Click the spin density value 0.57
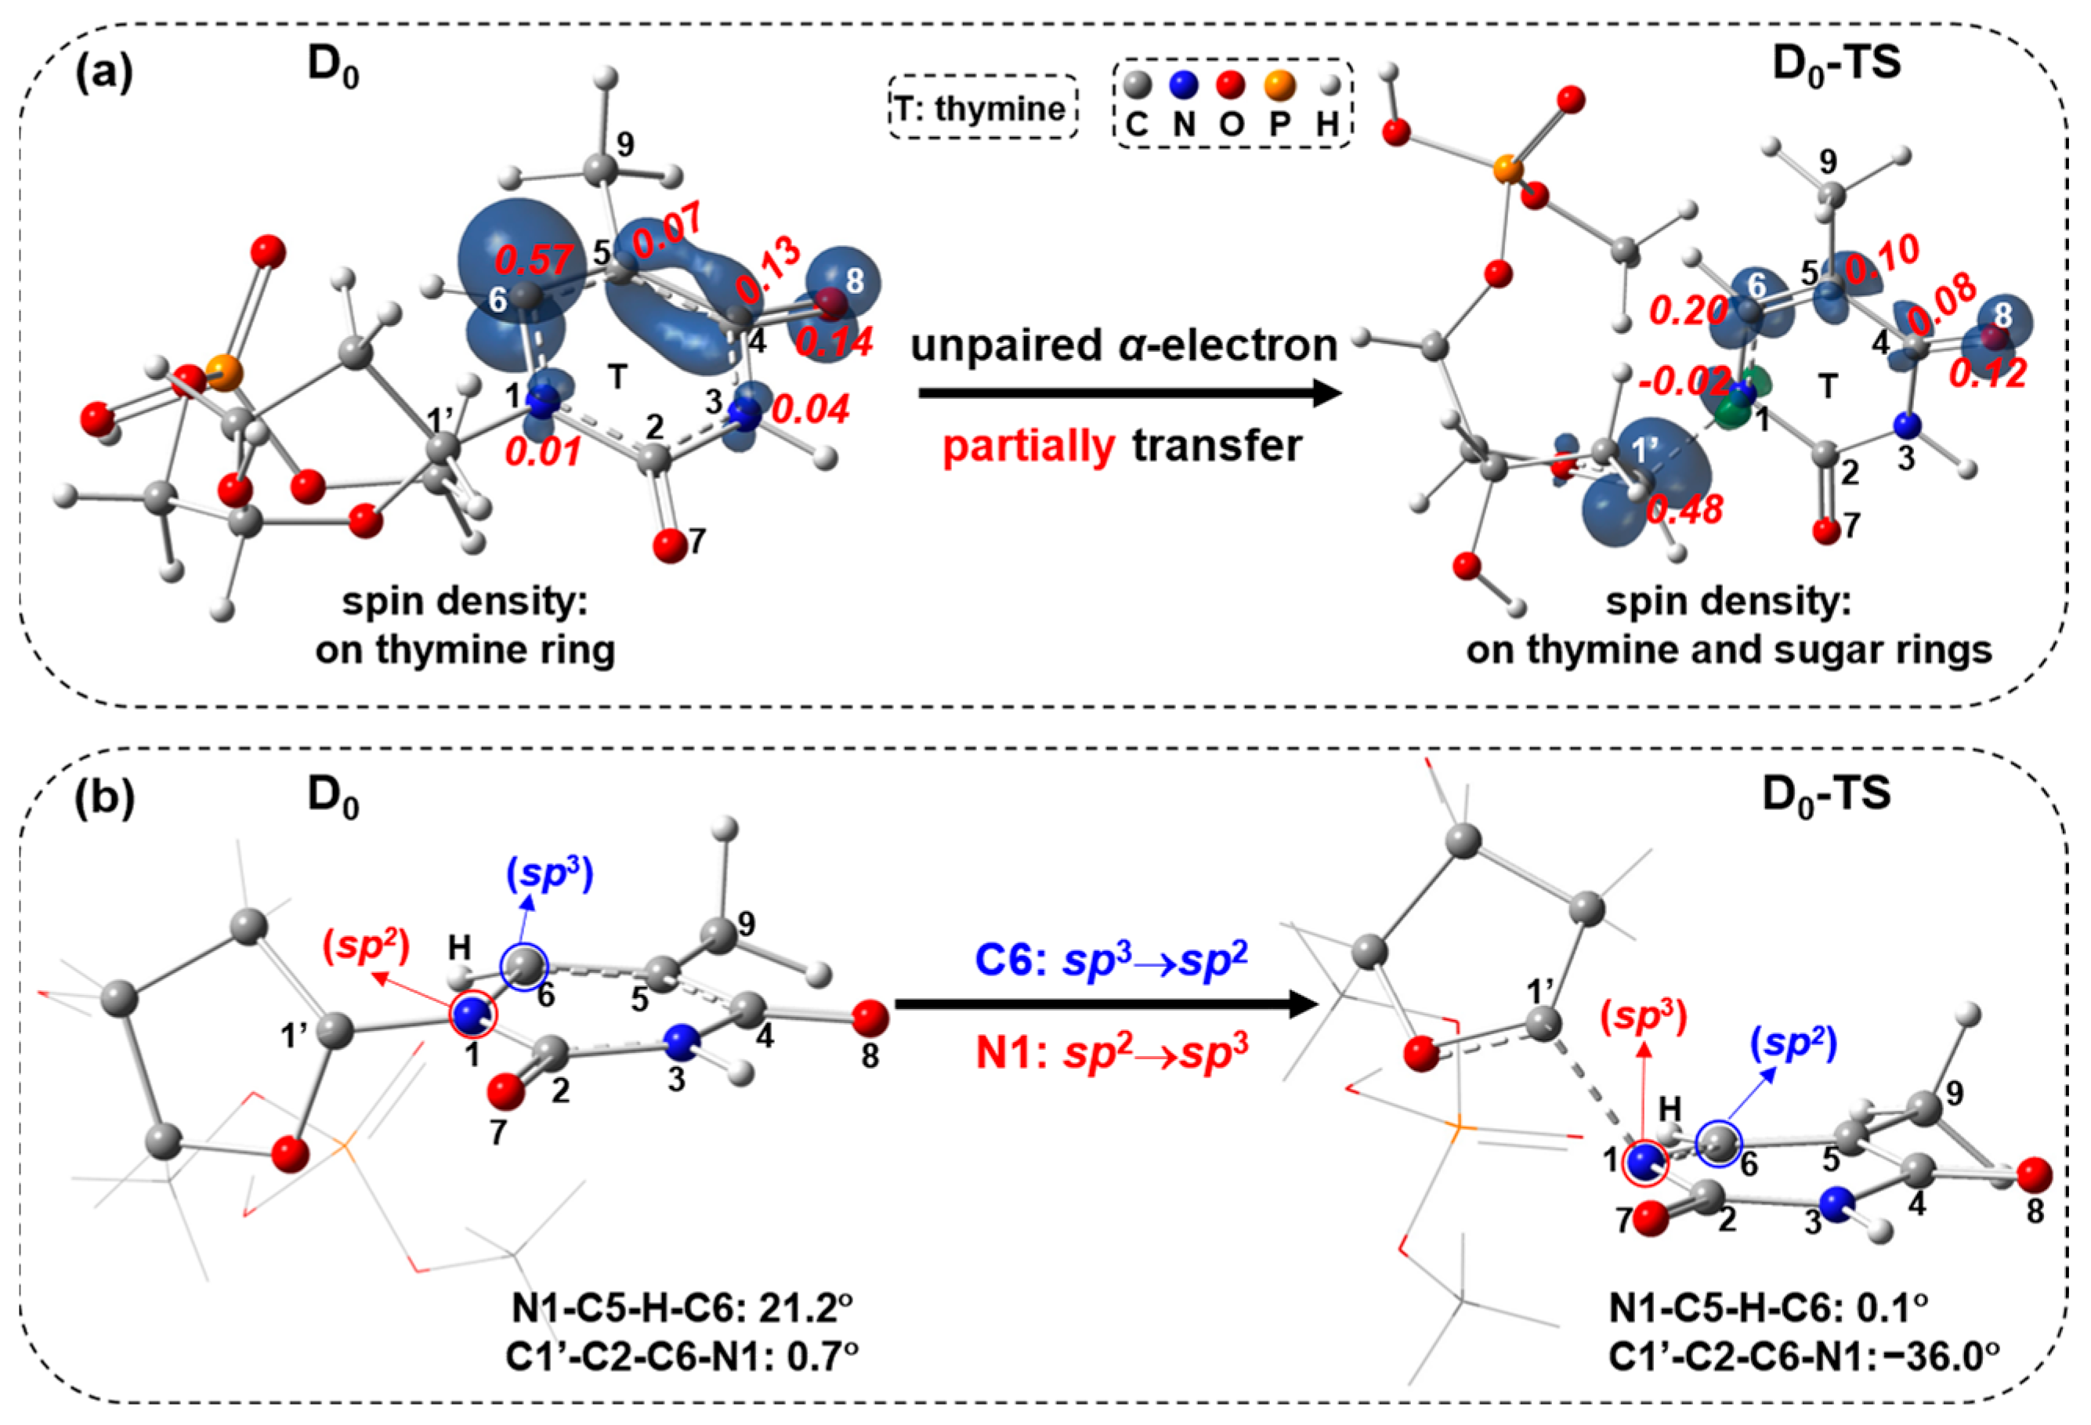(x=533, y=261)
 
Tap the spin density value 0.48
(x=1684, y=510)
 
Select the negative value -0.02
(x=1684, y=382)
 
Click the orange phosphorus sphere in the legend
(x=1279, y=85)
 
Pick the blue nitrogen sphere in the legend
(x=1184, y=85)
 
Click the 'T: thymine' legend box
(x=982, y=108)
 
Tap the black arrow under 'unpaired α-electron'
(x=1129, y=393)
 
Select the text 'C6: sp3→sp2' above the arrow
(x=1111, y=960)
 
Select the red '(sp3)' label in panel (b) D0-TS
(x=1644, y=1014)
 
